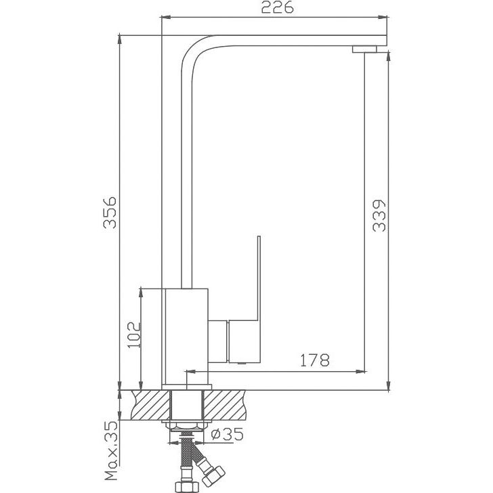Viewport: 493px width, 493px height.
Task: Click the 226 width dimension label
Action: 278,7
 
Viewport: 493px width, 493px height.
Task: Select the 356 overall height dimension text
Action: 110,213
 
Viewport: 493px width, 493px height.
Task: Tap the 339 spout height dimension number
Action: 379,215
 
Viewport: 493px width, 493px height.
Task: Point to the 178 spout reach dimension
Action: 315,360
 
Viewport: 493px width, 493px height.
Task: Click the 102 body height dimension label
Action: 134,335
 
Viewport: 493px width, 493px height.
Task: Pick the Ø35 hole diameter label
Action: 227,434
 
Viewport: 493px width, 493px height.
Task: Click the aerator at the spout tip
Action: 364,49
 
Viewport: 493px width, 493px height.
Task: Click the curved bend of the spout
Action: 196,49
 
